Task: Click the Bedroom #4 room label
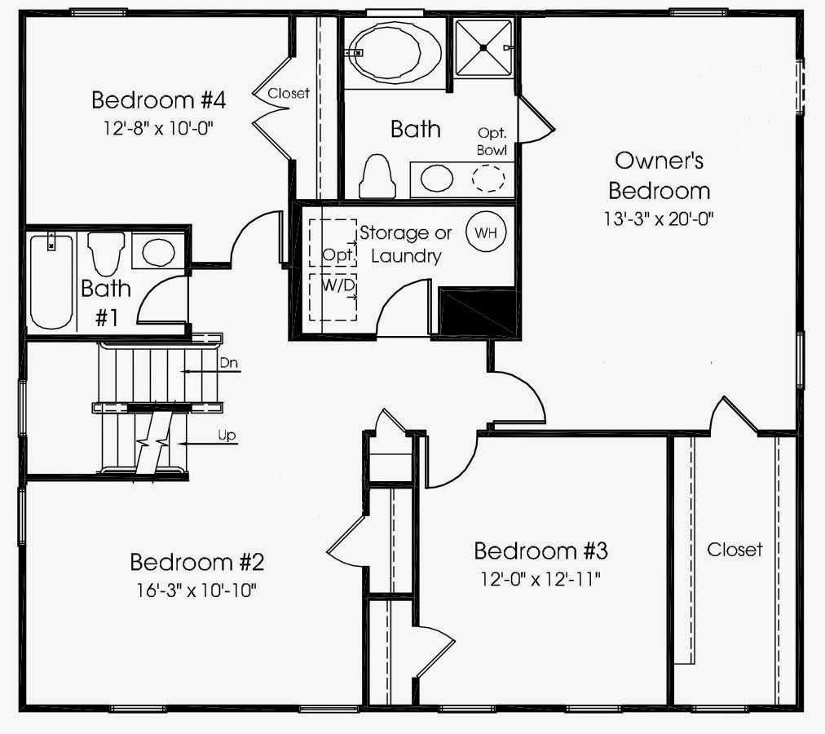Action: (158, 100)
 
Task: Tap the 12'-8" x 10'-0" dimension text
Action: (158, 128)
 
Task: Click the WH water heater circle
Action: (486, 232)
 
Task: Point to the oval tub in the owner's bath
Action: (395, 52)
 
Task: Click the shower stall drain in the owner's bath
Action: (483, 48)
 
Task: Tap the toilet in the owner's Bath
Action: (377, 176)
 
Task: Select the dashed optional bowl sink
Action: (489, 178)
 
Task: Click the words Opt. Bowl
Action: (492, 141)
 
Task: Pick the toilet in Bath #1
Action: (106, 254)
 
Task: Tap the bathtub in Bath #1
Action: (51, 281)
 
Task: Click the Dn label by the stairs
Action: (229, 363)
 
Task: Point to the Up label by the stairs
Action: (227, 436)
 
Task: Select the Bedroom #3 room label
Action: (540, 551)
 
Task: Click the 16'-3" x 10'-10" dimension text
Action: (196, 590)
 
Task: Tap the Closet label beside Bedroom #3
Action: (735, 550)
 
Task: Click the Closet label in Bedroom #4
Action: (289, 93)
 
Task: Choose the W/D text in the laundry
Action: (338, 286)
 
